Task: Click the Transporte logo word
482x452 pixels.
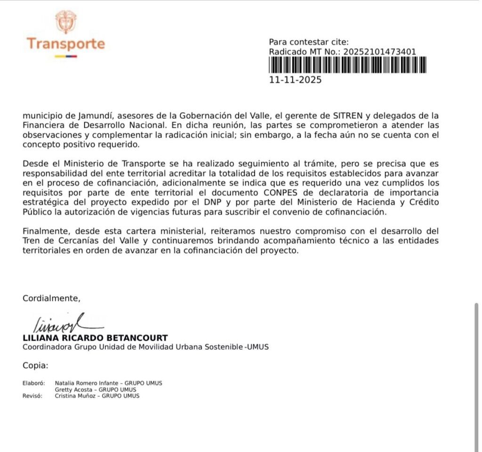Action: click(65, 44)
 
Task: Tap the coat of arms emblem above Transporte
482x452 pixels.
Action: click(65, 21)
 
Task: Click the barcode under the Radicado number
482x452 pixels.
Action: click(348, 65)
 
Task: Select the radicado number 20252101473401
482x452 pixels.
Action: click(380, 52)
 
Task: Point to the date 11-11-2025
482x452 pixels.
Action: click(295, 80)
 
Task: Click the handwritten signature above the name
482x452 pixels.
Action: click(61, 323)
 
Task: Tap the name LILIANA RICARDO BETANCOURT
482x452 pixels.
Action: click(95, 338)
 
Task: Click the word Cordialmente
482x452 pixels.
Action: click(52, 298)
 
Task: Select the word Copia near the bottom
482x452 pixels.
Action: click(35, 365)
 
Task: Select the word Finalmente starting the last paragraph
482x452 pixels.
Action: click(43, 231)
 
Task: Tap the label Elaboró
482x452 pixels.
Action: click(33, 383)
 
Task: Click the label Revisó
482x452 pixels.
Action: click(32, 396)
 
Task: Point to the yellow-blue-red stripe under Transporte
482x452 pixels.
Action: click(65, 57)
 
